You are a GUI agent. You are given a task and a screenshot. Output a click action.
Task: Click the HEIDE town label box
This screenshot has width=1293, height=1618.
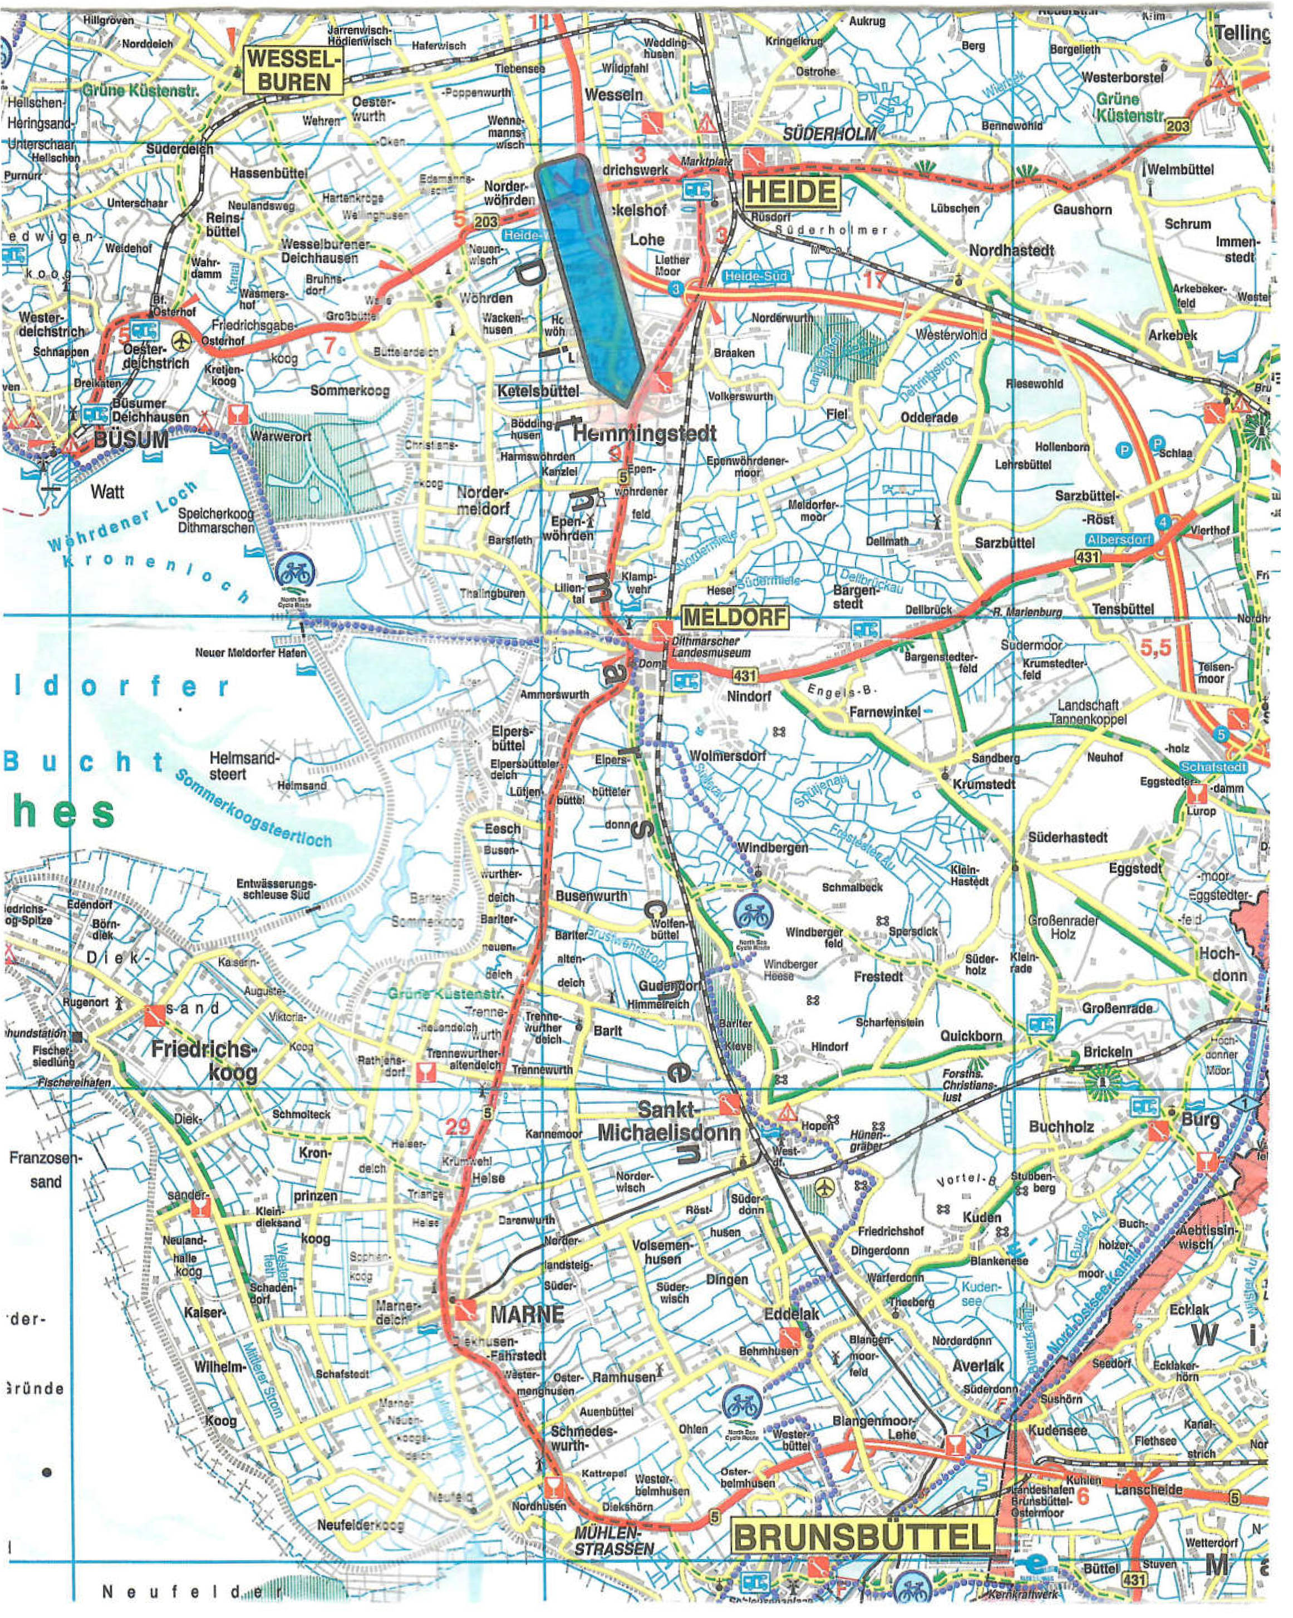790,193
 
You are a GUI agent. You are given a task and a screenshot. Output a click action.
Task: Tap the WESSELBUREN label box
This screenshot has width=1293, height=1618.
293,70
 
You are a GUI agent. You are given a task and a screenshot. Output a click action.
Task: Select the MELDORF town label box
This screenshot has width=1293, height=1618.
735,617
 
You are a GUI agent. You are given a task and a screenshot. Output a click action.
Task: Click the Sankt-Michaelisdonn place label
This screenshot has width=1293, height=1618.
668,1121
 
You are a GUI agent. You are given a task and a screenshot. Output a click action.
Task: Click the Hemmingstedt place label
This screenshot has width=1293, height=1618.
645,433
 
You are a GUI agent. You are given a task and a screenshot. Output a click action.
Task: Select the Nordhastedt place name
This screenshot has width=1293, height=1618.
1011,250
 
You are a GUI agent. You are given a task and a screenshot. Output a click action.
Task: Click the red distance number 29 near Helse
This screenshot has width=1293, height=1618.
457,1125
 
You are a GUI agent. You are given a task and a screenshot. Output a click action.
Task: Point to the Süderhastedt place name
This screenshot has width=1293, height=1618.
1067,837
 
